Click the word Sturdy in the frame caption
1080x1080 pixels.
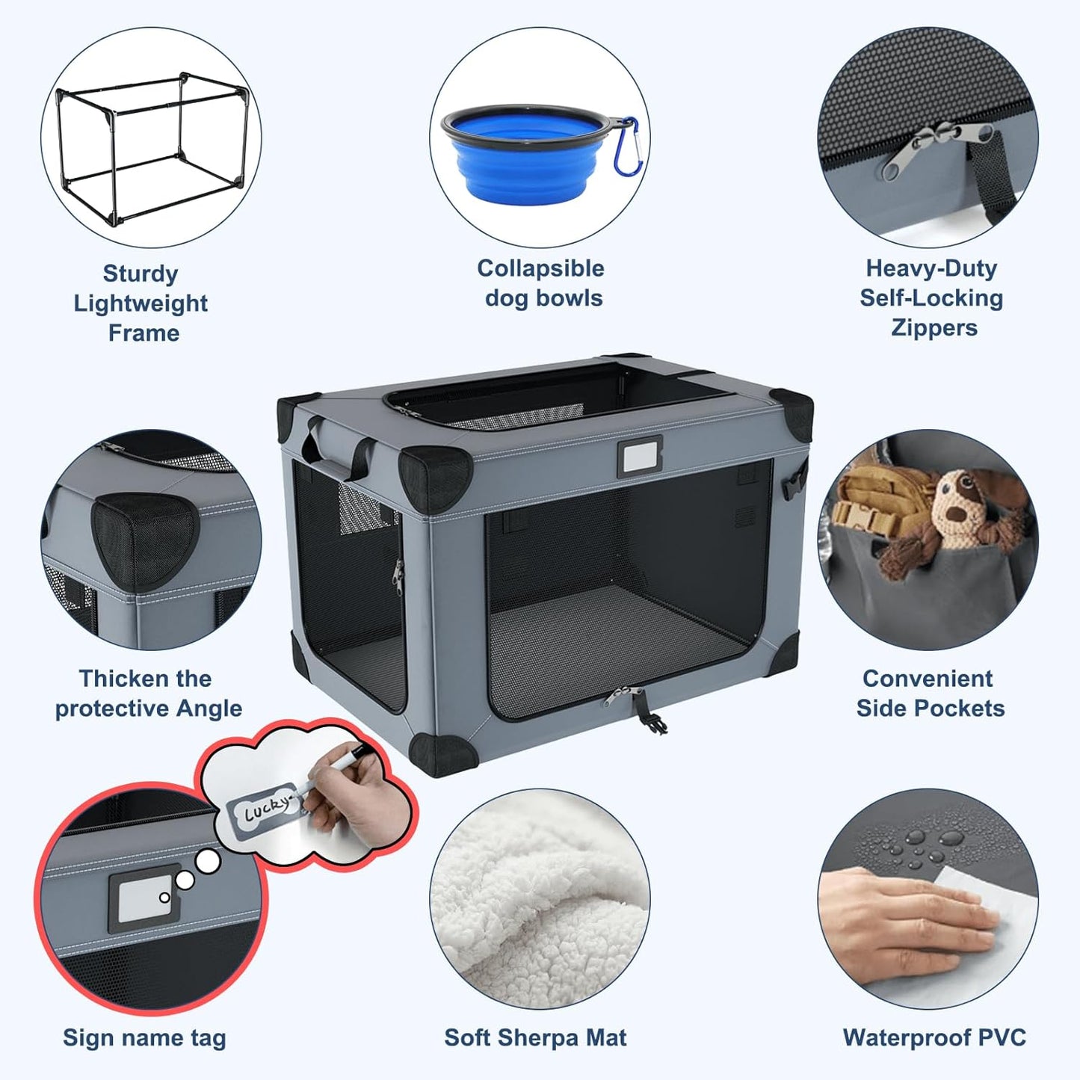(141, 274)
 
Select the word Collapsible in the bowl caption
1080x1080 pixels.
(540, 268)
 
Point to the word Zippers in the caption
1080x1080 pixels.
(934, 328)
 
